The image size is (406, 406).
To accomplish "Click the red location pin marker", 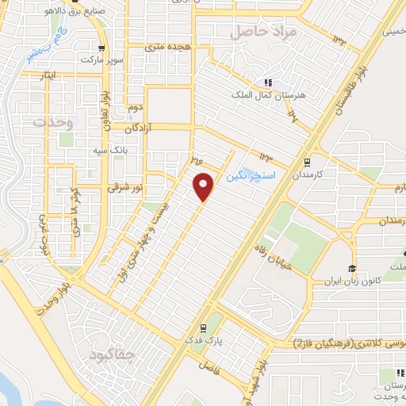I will pos(205,186).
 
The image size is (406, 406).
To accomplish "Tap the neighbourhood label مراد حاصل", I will pos(264,33).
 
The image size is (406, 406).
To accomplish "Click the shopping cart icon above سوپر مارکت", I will pos(100,47).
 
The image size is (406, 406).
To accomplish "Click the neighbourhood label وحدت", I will pos(53,124).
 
